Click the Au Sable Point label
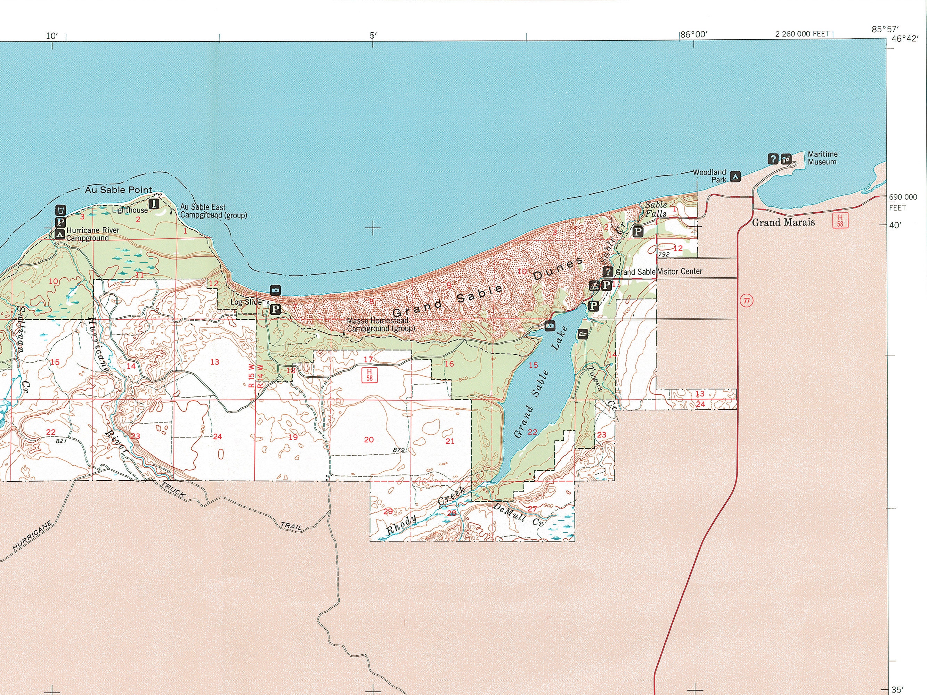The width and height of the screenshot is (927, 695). pos(119,190)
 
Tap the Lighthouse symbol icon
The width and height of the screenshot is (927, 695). pos(154,204)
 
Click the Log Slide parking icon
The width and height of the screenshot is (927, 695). pos(275,310)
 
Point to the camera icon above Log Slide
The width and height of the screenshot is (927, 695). pos(275,290)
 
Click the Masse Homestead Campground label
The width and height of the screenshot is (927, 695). pos(377,325)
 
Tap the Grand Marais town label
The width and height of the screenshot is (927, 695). pos(783,222)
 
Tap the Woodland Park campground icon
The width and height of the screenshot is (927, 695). pos(735,177)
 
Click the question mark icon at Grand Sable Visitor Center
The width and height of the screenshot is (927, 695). pos(608,271)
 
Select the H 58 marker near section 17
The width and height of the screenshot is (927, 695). pos(369,375)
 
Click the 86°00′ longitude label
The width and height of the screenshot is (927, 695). pos(693,35)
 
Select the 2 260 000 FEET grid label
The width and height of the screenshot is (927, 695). pos(802,34)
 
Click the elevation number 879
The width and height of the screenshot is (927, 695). pos(399,450)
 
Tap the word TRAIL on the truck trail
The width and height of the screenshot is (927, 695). pos(291,526)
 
